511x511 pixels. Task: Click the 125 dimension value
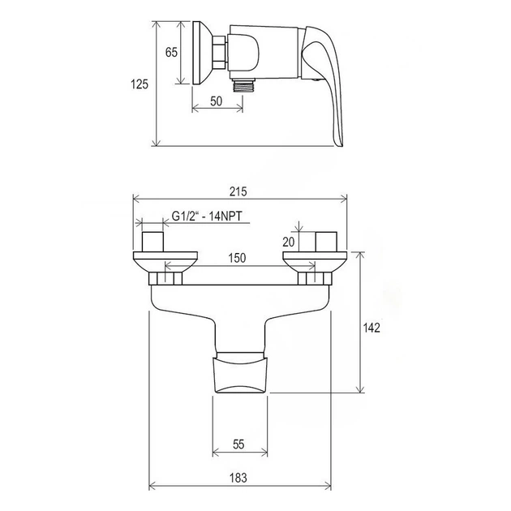(140, 84)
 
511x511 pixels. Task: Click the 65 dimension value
(171, 52)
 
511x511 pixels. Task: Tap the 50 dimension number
(216, 101)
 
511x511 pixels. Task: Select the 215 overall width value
(238, 191)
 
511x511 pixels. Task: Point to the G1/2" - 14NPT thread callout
(207, 216)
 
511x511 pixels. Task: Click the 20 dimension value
(289, 242)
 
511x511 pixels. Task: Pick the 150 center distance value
(237, 258)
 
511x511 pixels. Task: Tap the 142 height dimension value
(371, 328)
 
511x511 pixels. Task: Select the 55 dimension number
(238, 444)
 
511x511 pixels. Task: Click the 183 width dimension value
(238, 478)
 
